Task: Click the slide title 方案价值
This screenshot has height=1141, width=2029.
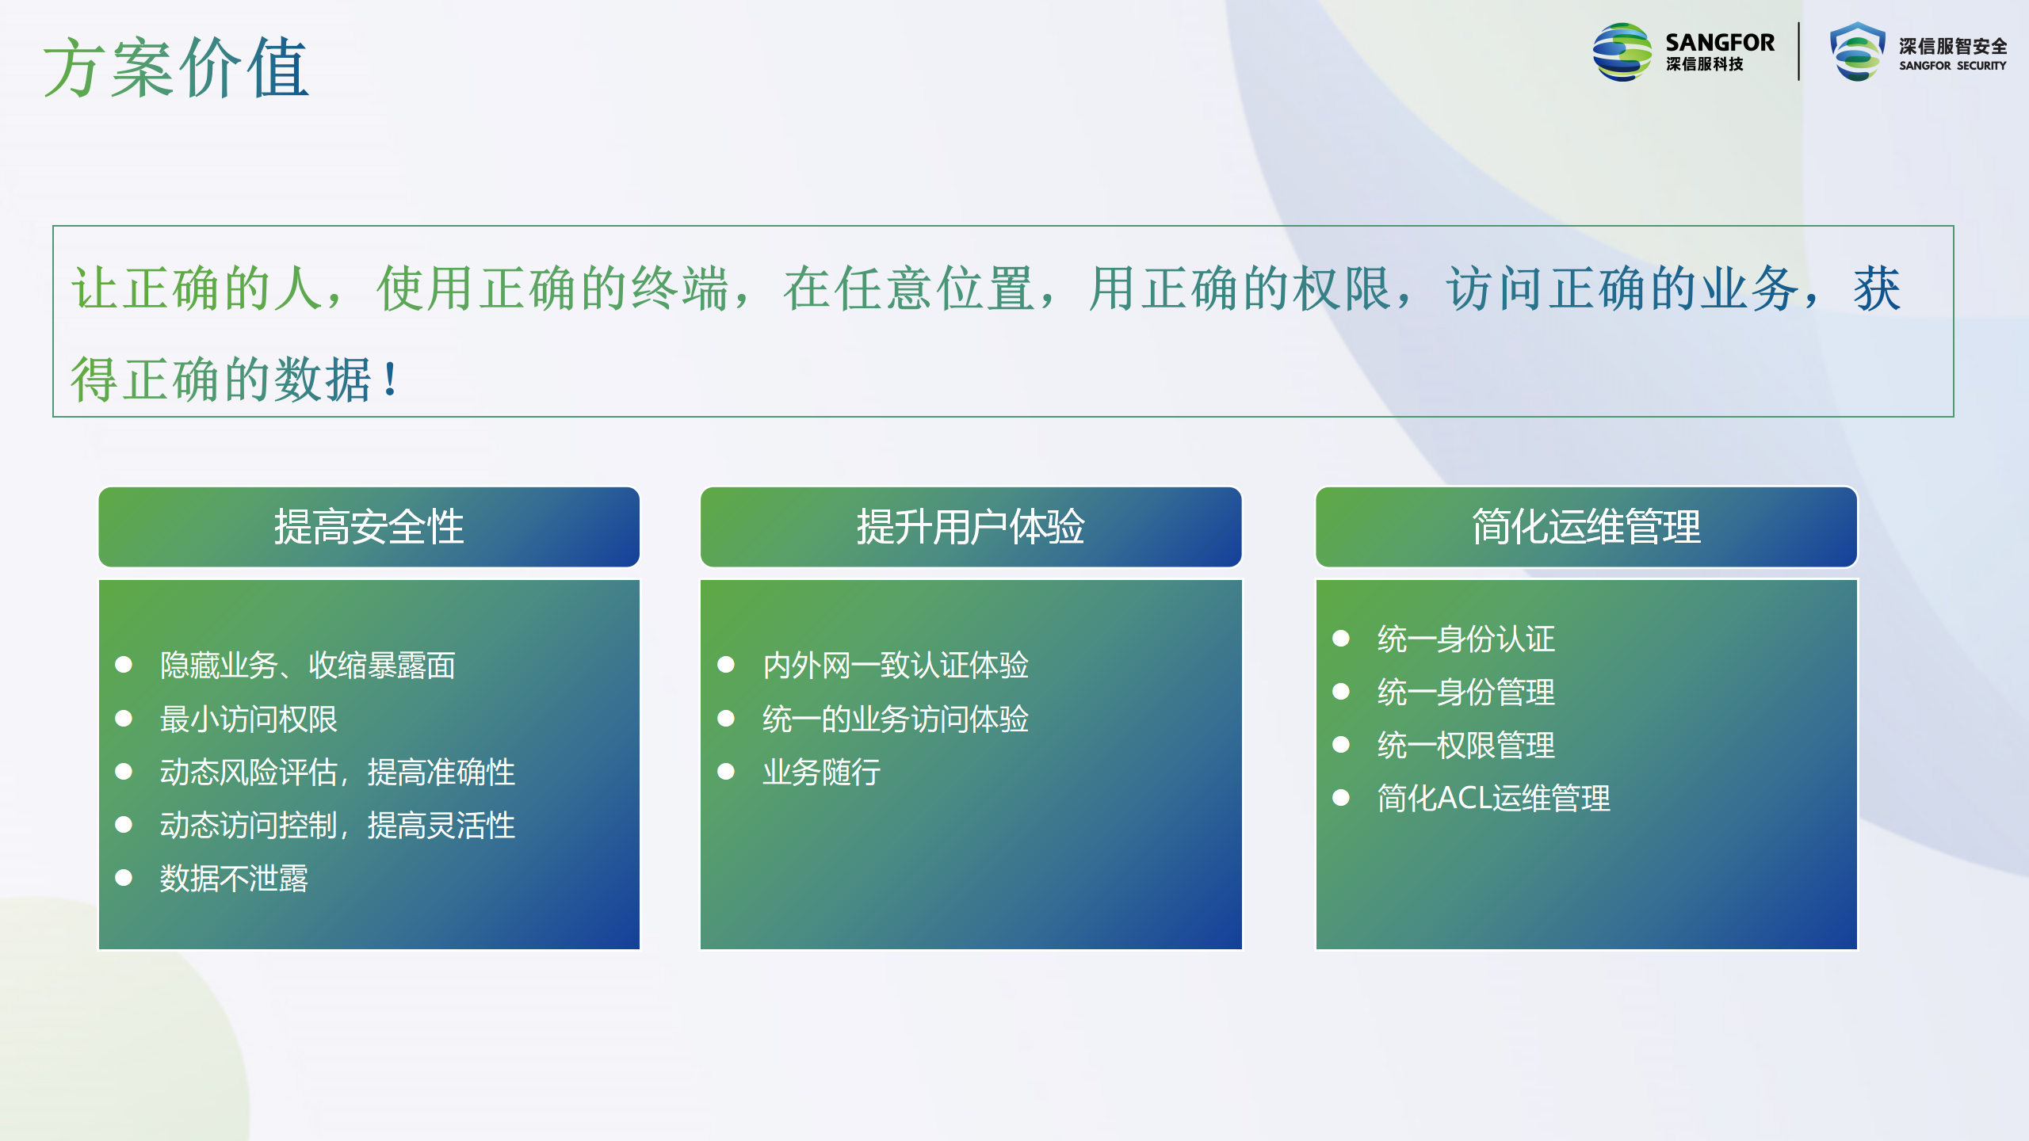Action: click(x=176, y=68)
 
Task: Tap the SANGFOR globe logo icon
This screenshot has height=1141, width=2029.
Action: click(x=1622, y=52)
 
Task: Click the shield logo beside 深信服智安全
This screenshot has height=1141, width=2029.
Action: click(x=1857, y=52)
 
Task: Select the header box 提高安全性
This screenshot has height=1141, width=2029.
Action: click(x=369, y=527)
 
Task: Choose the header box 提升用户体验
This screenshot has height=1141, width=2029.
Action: click(x=971, y=527)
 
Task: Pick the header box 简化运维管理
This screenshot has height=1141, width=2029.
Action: click(x=1587, y=527)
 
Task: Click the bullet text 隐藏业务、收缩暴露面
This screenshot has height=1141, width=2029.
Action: click(x=308, y=666)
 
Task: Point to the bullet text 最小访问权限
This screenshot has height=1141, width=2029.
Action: click(x=249, y=719)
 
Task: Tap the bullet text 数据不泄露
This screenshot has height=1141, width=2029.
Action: click(x=234, y=879)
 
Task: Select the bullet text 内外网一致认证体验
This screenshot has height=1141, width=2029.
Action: click(x=896, y=666)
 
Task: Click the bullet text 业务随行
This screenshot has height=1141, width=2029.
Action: click(x=822, y=773)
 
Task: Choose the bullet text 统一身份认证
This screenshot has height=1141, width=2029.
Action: click(x=1466, y=639)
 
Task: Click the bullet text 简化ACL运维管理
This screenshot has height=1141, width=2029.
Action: click(x=1494, y=798)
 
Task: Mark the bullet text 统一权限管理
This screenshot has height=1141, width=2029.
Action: click(x=1466, y=745)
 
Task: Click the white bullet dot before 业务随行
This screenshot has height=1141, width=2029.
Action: click(x=726, y=771)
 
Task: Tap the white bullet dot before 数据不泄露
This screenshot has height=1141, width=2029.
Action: click(x=124, y=877)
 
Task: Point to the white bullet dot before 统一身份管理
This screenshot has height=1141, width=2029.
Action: click(x=1341, y=691)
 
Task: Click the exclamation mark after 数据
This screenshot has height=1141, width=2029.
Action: click(x=390, y=379)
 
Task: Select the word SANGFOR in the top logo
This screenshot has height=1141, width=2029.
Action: click(x=1720, y=42)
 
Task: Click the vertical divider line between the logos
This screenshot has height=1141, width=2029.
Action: click(x=1799, y=52)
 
